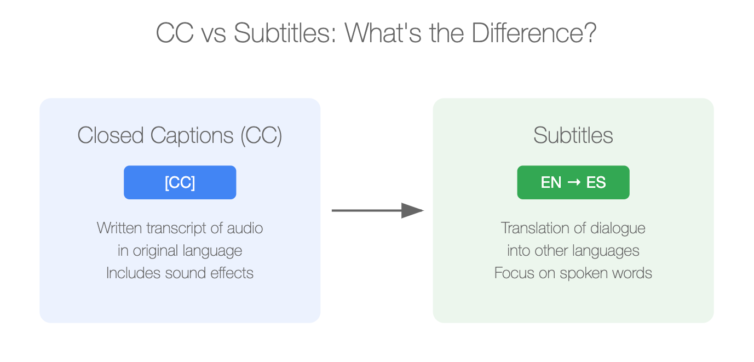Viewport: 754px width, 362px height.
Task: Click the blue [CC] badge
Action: (x=180, y=182)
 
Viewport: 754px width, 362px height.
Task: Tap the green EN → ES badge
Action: (x=573, y=182)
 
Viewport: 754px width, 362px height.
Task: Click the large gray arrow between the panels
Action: (x=378, y=210)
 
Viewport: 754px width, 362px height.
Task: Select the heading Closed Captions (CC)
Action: (x=180, y=135)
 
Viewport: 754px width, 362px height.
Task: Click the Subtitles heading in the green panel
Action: (x=573, y=135)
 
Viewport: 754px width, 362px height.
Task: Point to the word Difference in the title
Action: (x=534, y=33)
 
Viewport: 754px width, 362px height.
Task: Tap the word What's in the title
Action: (x=383, y=33)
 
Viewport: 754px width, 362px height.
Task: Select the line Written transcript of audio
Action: (x=180, y=228)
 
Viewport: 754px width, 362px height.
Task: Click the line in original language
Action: (x=180, y=251)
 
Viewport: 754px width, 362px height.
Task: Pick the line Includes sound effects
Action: (x=180, y=273)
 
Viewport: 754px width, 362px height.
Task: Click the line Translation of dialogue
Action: (x=573, y=228)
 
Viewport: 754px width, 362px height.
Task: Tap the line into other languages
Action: (x=573, y=251)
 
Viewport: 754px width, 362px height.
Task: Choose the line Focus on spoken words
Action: (x=573, y=273)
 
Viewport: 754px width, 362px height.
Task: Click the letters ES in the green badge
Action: (x=596, y=182)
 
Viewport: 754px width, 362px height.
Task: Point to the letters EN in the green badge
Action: (x=551, y=182)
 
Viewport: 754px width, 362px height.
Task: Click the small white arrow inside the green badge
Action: (x=574, y=182)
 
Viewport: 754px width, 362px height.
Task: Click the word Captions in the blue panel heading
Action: (x=192, y=136)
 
